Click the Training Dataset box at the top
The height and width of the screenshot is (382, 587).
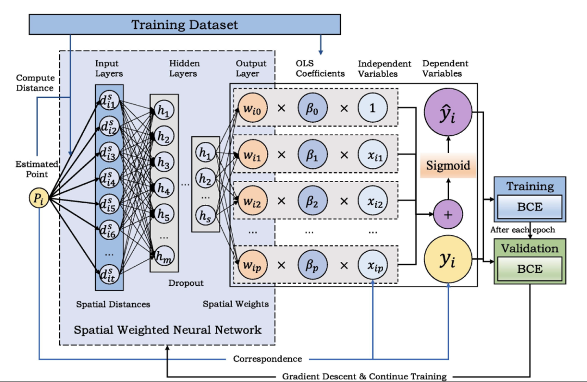click(x=185, y=24)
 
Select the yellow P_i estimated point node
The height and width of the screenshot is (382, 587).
click(x=39, y=199)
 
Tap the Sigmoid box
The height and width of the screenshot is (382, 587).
click(x=448, y=165)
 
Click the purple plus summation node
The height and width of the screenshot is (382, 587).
click(x=448, y=214)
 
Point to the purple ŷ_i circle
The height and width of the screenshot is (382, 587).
click(x=448, y=117)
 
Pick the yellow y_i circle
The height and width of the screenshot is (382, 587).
click(x=448, y=261)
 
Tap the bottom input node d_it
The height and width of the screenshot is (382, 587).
click(x=109, y=273)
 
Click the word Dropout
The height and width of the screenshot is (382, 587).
click(x=186, y=283)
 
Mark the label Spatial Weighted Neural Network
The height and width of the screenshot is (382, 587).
click(x=167, y=330)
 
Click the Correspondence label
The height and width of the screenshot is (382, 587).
click(x=267, y=359)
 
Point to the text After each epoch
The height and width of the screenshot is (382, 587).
click(x=522, y=230)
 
